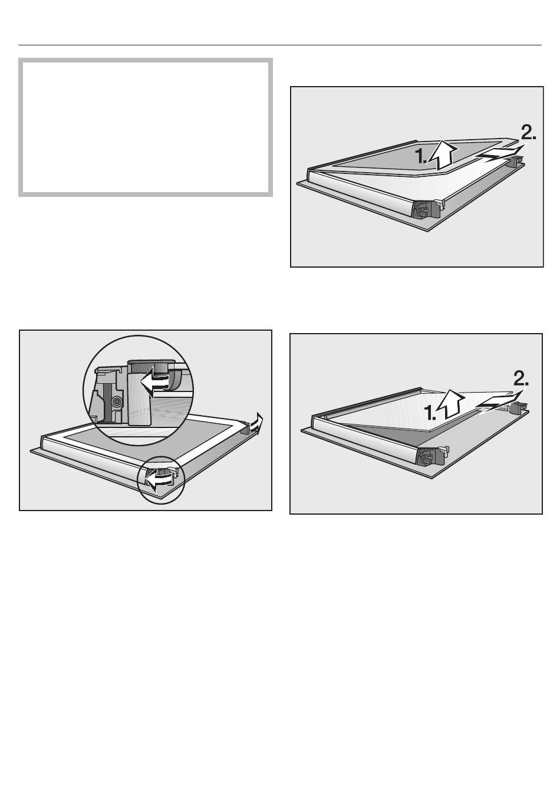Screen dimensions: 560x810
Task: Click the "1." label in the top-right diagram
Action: point(421,157)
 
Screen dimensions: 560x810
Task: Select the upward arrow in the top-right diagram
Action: point(443,155)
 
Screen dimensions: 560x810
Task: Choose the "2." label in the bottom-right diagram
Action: point(521,378)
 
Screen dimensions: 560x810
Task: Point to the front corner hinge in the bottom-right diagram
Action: point(433,456)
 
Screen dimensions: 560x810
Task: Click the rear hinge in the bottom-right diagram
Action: point(519,409)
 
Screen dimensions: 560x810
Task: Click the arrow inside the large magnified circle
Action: point(154,382)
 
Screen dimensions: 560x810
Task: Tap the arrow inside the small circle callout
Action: point(159,479)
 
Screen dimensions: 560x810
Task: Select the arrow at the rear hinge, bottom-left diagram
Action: point(256,422)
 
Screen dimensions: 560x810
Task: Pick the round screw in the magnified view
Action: point(116,401)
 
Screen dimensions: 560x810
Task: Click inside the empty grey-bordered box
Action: point(146,127)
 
